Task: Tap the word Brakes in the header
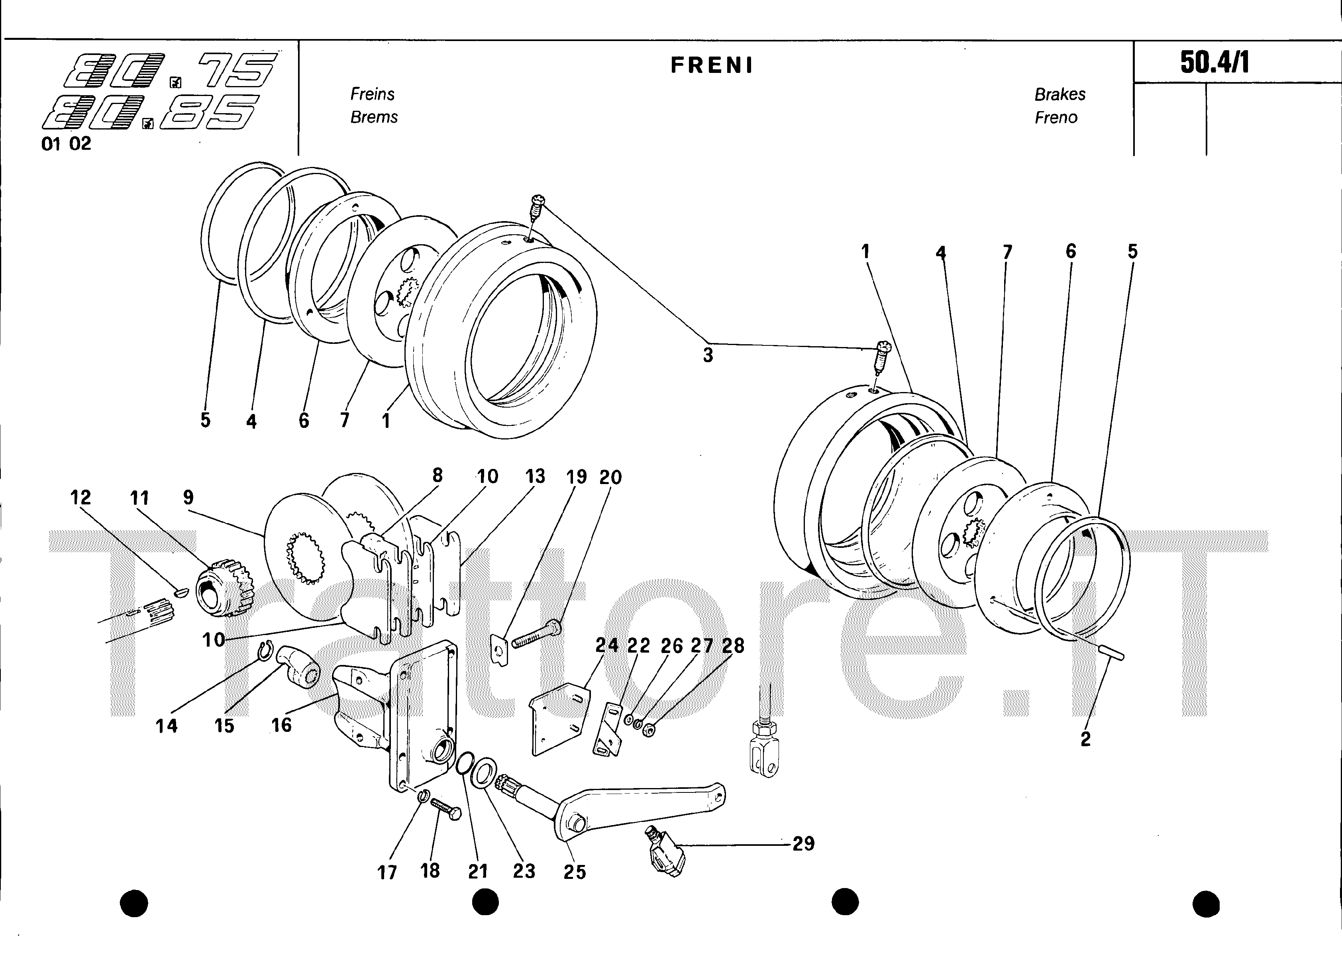pos(1060,94)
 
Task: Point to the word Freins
pos(373,94)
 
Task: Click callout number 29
pos(803,844)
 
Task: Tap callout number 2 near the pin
pos(1085,739)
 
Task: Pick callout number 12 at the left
pos(80,498)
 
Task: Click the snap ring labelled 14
pos(265,652)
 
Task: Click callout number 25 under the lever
pos(575,872)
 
